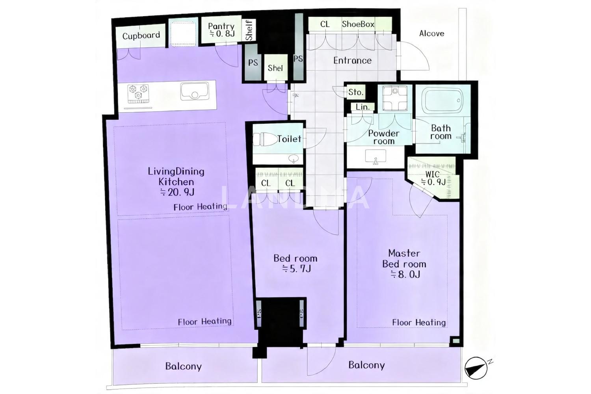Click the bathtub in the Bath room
point(443,101)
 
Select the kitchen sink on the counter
point(195,91)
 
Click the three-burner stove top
point(138,94)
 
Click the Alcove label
point(432,33)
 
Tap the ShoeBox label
point(358,24)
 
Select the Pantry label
point(221,26)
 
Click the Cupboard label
point(141,35)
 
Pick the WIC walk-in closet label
point(433,174)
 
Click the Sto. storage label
point(356,92)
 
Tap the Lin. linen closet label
point(362,107)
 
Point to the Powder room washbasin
point(375,157)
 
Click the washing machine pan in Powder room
point(395,98)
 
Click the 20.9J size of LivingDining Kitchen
point(177,192)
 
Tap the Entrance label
point(352,60)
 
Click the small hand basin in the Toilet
point(294,159)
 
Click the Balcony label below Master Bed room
point(366,365)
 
